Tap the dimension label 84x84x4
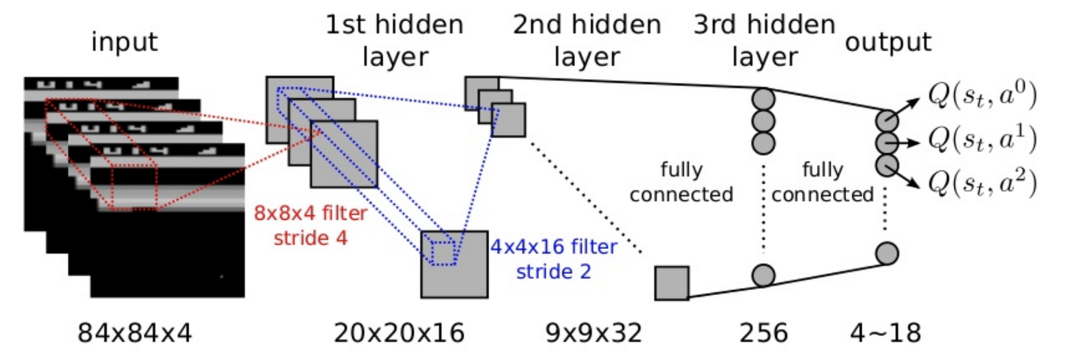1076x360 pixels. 134,333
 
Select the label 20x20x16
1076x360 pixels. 399,333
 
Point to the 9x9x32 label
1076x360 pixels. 594,333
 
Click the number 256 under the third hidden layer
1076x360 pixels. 763,333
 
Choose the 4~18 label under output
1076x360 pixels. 886,333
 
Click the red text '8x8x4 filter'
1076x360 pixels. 310,213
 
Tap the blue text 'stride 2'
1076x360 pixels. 554,272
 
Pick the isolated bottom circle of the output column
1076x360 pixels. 887,253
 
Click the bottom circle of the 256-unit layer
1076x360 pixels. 763,275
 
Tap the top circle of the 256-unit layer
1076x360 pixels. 763,100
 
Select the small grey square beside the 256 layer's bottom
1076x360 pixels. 672,283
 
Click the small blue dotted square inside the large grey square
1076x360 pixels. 444,253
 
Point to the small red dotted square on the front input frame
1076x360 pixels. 134,187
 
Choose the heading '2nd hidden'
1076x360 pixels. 587,25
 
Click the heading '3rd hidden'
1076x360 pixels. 764,25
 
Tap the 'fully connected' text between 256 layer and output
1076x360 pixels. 823,182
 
